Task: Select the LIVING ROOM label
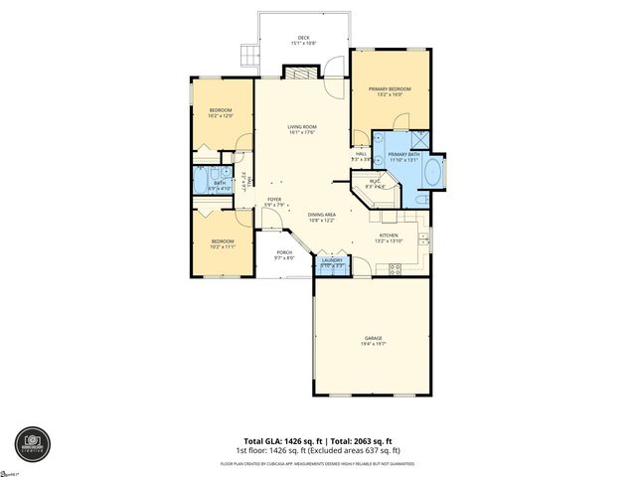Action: pos(302,128)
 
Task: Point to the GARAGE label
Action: pos(373,339)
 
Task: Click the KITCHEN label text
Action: pos(389,237)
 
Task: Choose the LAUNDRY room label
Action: pos(332,260)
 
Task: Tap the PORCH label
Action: pos(283,253)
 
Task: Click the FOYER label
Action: pos(274,200)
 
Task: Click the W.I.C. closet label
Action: pos(374,181)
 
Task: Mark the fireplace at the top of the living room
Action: pos(299,73)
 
